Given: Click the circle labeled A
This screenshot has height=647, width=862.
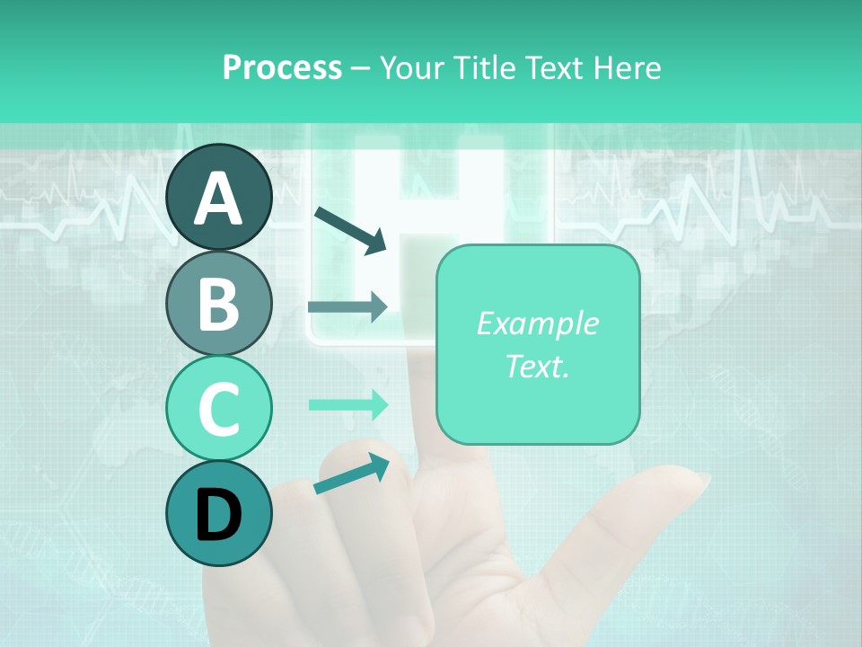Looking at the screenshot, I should (x=219, y=197).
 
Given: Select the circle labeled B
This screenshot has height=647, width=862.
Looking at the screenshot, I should (x=219, y=303).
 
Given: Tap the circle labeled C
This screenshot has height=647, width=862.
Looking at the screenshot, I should (x=219, y=408).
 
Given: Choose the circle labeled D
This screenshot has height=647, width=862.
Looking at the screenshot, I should (x=219, y=513).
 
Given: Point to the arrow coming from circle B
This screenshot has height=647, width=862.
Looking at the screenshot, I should (x=347, y=306).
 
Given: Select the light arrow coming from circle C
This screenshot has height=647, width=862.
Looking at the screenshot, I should (x=348, y=404).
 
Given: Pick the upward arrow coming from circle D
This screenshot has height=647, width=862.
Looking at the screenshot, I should (x=351, y=474).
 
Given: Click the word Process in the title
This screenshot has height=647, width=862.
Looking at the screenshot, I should (x=282, y=67).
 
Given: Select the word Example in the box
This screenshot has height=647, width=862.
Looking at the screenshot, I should (x=537, y=323).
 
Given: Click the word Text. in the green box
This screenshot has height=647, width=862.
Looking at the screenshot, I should (x=537, y=366).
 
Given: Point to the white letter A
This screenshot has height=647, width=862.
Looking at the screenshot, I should (x=219, y=199).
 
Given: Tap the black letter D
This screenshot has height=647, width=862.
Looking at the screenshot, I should (x=219, y=515).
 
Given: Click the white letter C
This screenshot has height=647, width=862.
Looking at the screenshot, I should (x=219, y=410).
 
